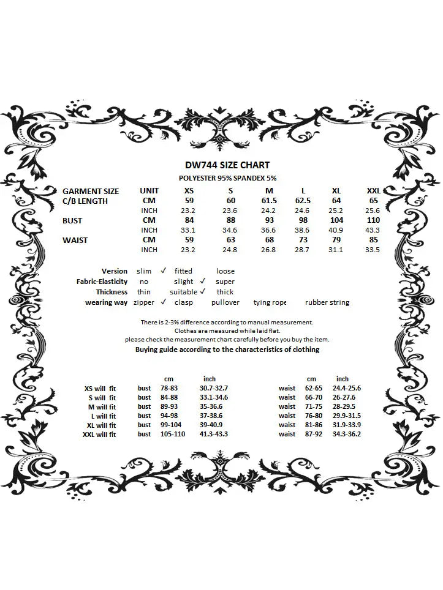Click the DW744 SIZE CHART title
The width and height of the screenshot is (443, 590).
pos(227,165)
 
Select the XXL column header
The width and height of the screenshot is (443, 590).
pos(373,191)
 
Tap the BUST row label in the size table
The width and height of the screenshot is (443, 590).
pos(72,220)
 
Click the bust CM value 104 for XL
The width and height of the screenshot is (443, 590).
pos(336,220)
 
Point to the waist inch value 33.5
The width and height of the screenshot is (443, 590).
pos(372,250)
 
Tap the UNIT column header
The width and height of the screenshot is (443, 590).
pos(149,191)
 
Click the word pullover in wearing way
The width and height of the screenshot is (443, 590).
pos(225,302)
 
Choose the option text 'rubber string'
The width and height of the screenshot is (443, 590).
pos(327,302)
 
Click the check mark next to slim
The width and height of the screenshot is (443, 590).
pos(164,270)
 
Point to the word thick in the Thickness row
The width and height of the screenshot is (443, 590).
pos(225,292)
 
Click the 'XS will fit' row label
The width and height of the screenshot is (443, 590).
pos(100,388)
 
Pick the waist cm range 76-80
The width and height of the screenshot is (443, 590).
pos(314,416)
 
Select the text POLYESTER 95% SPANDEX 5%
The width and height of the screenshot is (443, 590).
pos(227,177)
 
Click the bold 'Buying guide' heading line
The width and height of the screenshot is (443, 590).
pos(227,349)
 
